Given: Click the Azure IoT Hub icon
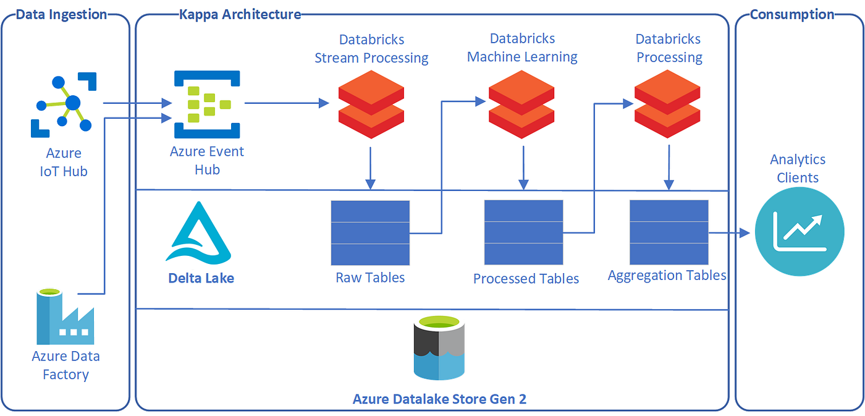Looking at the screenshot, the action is click(63, 104).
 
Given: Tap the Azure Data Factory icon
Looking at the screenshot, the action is click(65, 316).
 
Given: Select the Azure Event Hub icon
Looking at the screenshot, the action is click(207, 104).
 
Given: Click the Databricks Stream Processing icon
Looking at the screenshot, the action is click(371, 104).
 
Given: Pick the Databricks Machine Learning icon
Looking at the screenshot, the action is click(521, 104).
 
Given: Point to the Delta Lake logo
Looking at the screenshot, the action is click(198, 233).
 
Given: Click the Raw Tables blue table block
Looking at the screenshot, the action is click(370, 233).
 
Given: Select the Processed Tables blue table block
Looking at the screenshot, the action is click(524, 232).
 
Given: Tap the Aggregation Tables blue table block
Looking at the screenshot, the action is click(669, 232).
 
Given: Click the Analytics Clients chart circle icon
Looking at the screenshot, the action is click(800, 232).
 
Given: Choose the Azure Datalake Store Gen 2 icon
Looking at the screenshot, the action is click(439, 347).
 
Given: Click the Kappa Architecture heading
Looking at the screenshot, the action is click(240, 14).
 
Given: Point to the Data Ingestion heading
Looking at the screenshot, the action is click(61, 14).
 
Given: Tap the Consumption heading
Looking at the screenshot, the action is click(792, 14).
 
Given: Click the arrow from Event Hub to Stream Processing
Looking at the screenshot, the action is click(287, 103).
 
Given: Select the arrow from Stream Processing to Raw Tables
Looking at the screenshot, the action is click(370, 168).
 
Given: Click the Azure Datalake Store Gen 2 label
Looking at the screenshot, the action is click(439, 399).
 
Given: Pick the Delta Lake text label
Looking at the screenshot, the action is click(201, 278).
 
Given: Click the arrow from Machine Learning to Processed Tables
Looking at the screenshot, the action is click(524, 168).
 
